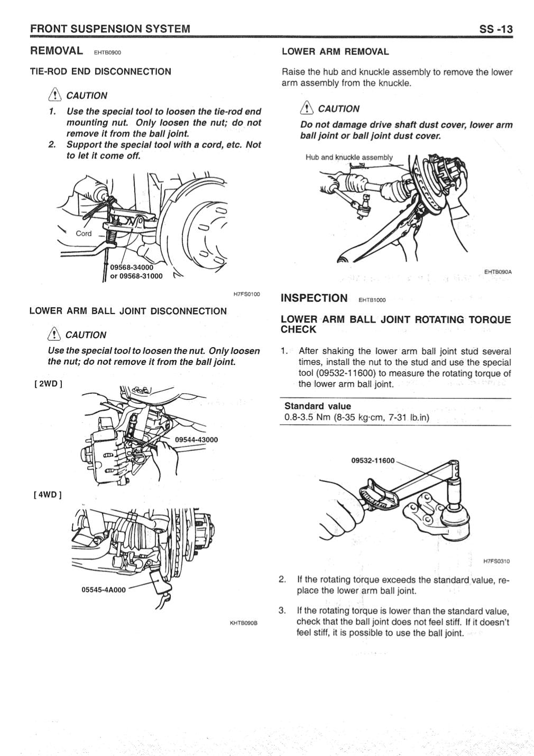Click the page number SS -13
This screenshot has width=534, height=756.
coord(495,29)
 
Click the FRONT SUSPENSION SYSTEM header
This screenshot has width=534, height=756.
coord(110,29)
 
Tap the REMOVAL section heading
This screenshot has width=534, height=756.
coord(57,51)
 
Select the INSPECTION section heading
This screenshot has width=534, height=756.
coord(314,298)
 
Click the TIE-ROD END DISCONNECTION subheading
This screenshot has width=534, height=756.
coord(100,71)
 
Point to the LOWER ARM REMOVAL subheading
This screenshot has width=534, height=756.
coord(335,52)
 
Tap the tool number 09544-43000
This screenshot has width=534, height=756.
coord(196,439)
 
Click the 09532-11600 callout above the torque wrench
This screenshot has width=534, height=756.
coord(373,460)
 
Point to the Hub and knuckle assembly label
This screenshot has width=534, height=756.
coord(349,157)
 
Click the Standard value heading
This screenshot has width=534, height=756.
coord(317,406)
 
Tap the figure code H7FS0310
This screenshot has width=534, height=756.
coord(496,561)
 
